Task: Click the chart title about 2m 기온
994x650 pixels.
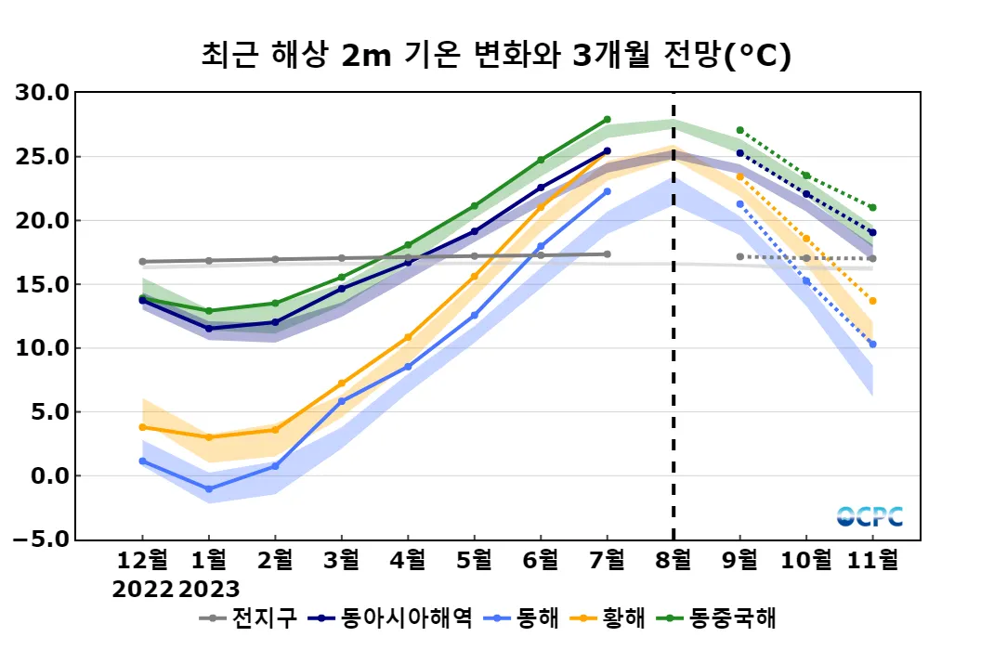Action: [x=496, y=57]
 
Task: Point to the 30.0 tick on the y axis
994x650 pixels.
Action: [x=43, y=93]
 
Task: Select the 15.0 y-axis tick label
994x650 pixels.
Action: [x=43, y=284]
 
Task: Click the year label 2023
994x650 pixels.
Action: [x=209, y=589]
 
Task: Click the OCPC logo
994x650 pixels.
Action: [x=869, y=516]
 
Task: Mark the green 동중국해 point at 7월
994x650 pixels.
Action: [x=607, y=120]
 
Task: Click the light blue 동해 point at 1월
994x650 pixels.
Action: [x=209, y=488]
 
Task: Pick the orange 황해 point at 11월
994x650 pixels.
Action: [x=872, y=301]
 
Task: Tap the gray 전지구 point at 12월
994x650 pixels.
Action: [x=142, y=262]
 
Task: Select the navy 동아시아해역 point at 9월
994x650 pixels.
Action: [x=739, y=153]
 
